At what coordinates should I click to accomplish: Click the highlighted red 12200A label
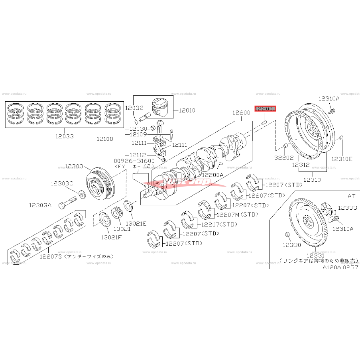point(265,108)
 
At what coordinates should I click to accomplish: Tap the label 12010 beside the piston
point(187,110)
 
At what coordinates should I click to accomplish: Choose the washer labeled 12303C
point(81,194)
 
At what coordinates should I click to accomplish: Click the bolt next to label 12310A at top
point(331,110)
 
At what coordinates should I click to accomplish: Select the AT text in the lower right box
point(351,196)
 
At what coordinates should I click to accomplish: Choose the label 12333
point(348,208)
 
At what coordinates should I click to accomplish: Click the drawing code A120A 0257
point(340,268)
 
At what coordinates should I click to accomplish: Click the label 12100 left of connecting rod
point(105,139)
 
